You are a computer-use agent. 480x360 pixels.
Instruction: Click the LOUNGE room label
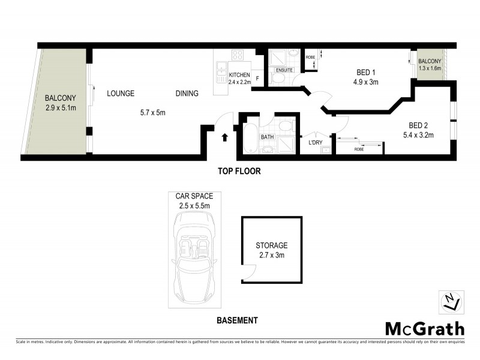120,94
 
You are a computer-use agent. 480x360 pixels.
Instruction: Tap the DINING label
187,94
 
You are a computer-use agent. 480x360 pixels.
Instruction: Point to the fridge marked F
258,79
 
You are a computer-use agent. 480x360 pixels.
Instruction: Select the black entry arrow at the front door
226,137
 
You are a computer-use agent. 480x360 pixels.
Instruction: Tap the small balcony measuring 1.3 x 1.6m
430,65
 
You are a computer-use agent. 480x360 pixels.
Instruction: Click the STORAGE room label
271,245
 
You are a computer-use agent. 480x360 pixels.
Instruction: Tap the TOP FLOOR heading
239,171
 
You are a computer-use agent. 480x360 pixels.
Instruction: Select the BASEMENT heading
237,320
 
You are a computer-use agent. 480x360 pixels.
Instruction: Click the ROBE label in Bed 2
359,149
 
